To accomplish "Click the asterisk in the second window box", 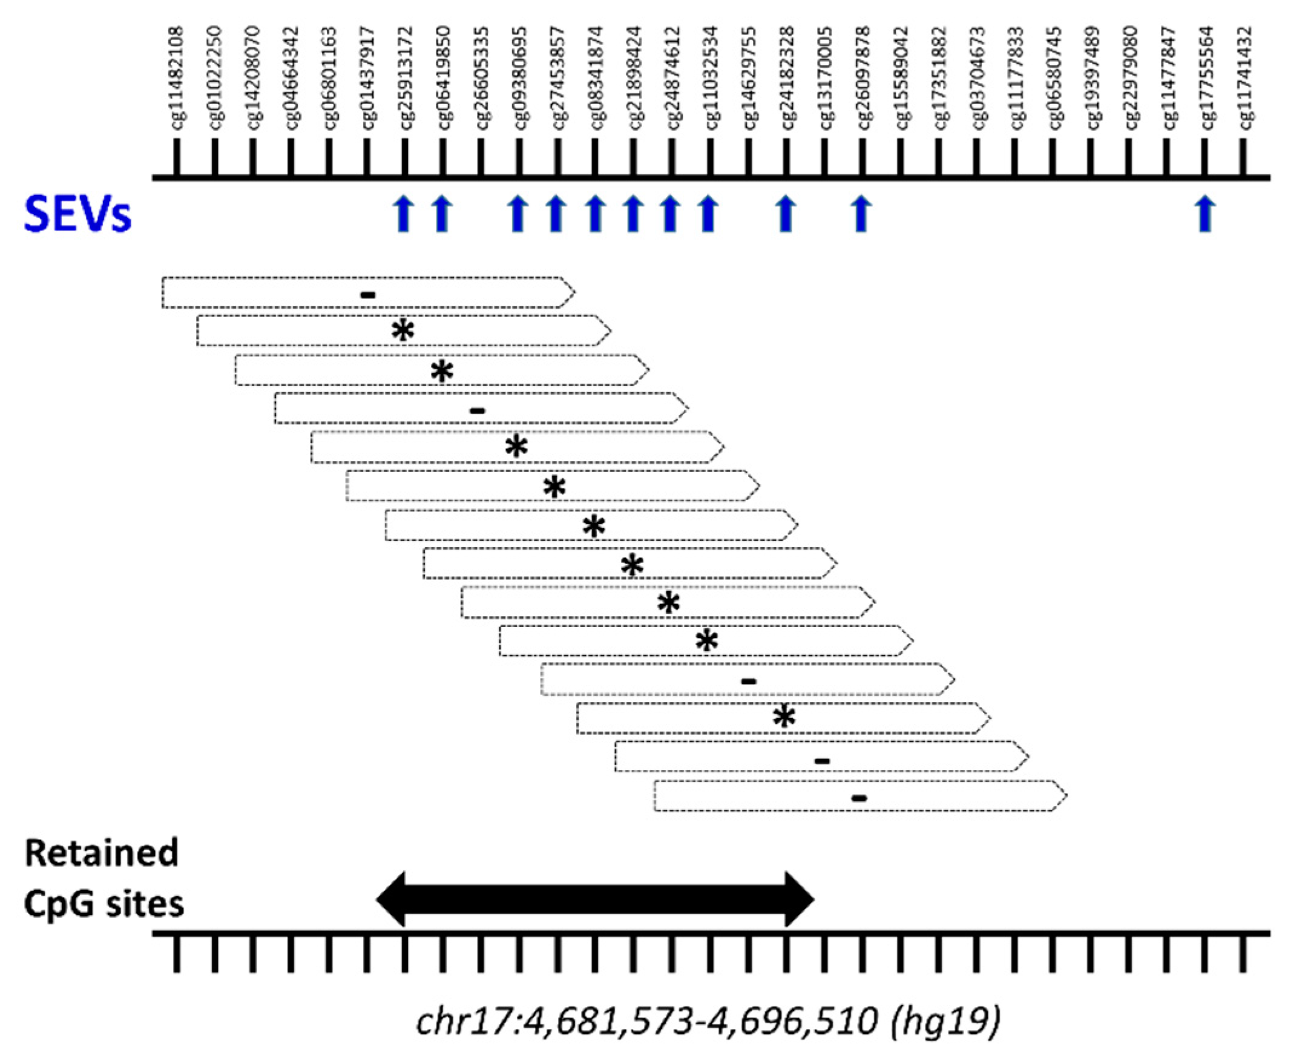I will [403, 331].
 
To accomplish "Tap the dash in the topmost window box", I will [367, 295].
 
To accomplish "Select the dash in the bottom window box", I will [859, 798].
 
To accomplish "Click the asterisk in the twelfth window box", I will [784, 717].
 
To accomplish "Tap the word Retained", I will [101, 853].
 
